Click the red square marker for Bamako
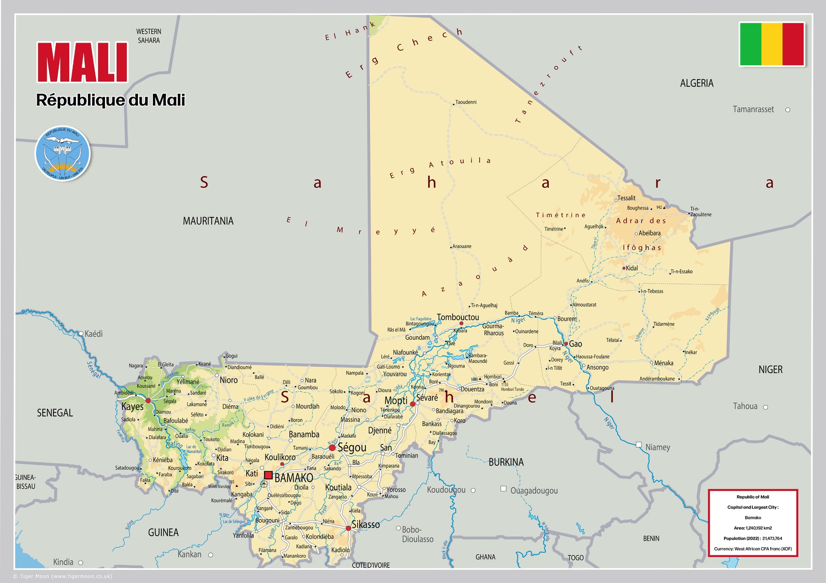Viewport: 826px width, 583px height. pyautogui.click(x=268, y=475)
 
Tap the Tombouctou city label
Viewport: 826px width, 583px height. pyautogui.click(x=458, y=317)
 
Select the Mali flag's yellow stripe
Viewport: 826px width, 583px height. pyautogui.click(x=771, y=44)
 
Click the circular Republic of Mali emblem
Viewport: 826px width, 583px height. pyautogui.click(x=63, y=153)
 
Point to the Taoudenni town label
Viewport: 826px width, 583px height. pyautogui.click(x=466, y=102)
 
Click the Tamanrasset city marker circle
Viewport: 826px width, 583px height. pyautogui.click(x=788, y=110)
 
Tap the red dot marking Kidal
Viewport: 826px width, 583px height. pyautogui.click(x=623, y=268)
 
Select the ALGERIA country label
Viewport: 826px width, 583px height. pyautogui.click(x=696, y=83)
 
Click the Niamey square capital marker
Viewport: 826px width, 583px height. pyautogui.click(x=638, y=445)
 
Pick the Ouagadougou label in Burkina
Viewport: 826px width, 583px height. pyautogui.click(x=534, y=491)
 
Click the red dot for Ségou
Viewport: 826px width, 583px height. pyautogui.click(x=332, y=448)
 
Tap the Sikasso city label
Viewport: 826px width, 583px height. pyautogui.click(x=365, y=525)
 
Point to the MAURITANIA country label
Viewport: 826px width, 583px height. pyautogui.click(x=208, y=221)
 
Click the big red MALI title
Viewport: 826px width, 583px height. pyautogui.click(x=82, y=62)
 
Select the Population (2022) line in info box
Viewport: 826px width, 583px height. pyautogui.click(x=753, y=538)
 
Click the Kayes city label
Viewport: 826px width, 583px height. pyautogui.click(x=132, y=406)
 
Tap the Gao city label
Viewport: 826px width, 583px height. pyautogui.click(x=576, y=344)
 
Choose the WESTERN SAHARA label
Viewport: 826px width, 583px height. pyautogui.click(x=149, y=36)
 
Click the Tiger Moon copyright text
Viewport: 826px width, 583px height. pyautogui.click(x=63, y=576)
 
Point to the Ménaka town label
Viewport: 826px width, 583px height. pyautogui.click(x=663, y=363)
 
